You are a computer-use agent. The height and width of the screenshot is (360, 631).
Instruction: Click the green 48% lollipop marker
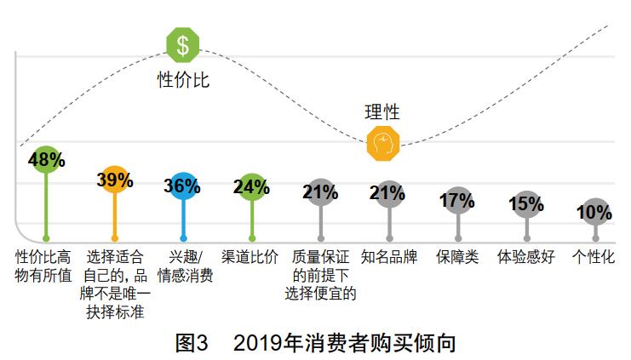[x=46, y=159]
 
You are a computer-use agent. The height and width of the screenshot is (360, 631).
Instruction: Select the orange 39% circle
[x=114, y=180]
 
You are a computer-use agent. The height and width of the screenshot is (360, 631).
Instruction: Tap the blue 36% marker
[x=182, y=186]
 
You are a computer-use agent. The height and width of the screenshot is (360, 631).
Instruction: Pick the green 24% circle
[x=251, y=186]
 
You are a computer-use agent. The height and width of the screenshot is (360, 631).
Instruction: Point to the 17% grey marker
[x=458, y=201]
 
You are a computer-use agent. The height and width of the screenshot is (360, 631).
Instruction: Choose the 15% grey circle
[x=526, y=204]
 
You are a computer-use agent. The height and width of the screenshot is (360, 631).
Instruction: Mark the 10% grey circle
[x=595, y=212]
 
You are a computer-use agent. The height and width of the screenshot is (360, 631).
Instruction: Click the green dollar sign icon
[x=183, y=44]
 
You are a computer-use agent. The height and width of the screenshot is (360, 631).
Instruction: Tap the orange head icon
[x=383, y=143]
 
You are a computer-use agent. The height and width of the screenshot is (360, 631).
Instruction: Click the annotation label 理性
[x=382, y=111]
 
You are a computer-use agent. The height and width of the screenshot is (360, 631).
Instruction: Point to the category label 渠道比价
[x=250, y=257]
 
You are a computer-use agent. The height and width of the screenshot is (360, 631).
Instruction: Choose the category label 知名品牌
[x=389, y=257]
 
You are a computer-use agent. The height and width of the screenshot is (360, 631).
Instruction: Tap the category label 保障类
[x=458, y=257]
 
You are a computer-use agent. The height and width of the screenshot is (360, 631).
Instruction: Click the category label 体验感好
[x=526, y=257]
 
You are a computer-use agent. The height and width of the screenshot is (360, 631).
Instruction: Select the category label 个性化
[x=594, y=257]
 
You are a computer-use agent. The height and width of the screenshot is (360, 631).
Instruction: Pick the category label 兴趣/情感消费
[x=182, y=266]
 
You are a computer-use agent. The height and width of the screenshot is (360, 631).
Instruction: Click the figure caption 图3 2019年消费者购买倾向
[x=315, y=342]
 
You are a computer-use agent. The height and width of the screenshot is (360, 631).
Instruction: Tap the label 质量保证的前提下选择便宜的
[x=320, y=275]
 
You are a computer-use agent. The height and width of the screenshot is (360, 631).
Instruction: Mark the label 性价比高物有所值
[x=45, y=266]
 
